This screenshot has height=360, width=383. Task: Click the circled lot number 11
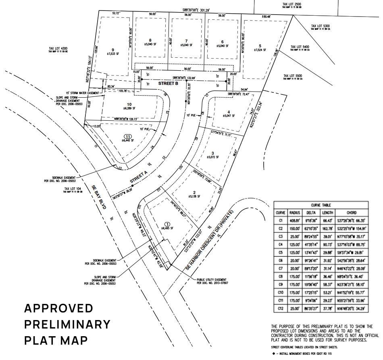(x=128, y=136)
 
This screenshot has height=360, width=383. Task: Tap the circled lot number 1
(x=167, y=224)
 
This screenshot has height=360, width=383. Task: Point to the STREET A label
(x=139, y=176)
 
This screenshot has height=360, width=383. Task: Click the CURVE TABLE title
(x=321, y=205)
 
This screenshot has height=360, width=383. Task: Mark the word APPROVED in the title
(x=58, y=308)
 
